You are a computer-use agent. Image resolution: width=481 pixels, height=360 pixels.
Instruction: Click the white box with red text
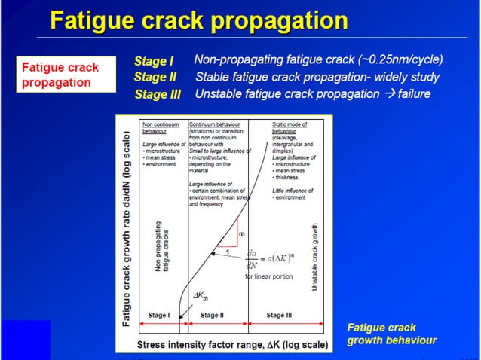[x=66, y=75]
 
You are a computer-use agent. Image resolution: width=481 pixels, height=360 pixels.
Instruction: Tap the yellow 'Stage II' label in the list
[x=155, y=77]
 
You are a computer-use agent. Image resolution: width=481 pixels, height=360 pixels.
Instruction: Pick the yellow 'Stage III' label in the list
[x=158, y=94]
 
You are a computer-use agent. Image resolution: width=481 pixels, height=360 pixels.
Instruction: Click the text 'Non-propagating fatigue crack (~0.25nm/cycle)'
[x=318, y=59]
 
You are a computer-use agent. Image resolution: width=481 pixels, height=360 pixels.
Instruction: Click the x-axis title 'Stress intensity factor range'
[x=231, y=345]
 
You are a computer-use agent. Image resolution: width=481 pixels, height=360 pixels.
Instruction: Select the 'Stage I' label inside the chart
[x=159, y=315]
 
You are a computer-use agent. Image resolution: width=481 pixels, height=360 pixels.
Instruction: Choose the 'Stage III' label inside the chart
[x=278, y=315]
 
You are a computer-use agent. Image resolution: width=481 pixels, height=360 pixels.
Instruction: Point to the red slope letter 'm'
[x=241, y=233]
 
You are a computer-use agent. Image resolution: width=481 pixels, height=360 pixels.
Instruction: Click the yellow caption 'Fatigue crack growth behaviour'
[x=391, y=334]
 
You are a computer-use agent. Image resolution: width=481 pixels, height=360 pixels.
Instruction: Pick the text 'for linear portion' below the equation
[x=268, y=276]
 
